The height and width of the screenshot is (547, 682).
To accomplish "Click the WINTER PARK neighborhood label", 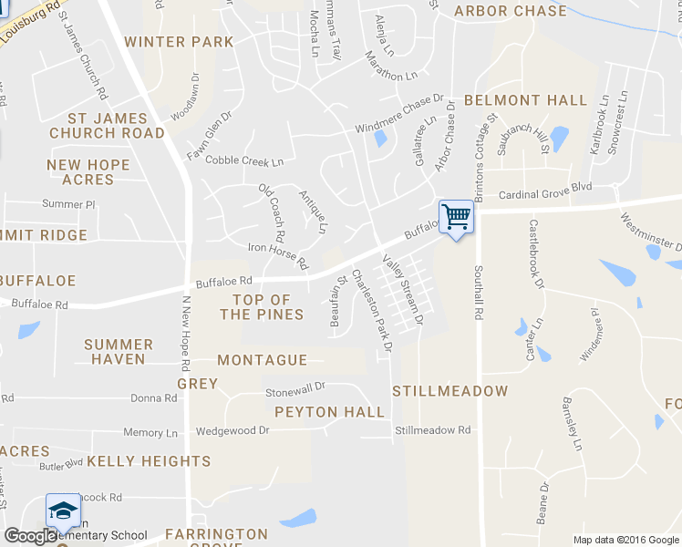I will coord(179,42).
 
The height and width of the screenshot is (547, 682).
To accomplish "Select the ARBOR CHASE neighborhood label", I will coord(510,11).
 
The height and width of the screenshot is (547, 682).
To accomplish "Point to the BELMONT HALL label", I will coord(525,100).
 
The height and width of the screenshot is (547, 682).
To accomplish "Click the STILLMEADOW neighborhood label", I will coord(449,391).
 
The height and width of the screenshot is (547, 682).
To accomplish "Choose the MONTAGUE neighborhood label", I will coord(262,360).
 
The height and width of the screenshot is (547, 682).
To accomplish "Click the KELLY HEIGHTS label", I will coord(149,461).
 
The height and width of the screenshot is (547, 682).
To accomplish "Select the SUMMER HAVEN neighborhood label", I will coord(119,351).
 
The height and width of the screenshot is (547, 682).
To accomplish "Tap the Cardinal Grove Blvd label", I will coord(545,195).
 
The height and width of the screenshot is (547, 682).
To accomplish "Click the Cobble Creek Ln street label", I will coord(244,160).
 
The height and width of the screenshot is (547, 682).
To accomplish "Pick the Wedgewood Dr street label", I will coord(232,429).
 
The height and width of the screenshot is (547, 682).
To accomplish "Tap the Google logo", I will coord(30,536).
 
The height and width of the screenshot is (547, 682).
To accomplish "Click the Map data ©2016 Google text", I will coord(625,540).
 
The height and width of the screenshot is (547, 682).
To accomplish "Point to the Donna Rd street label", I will coord(153,398).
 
